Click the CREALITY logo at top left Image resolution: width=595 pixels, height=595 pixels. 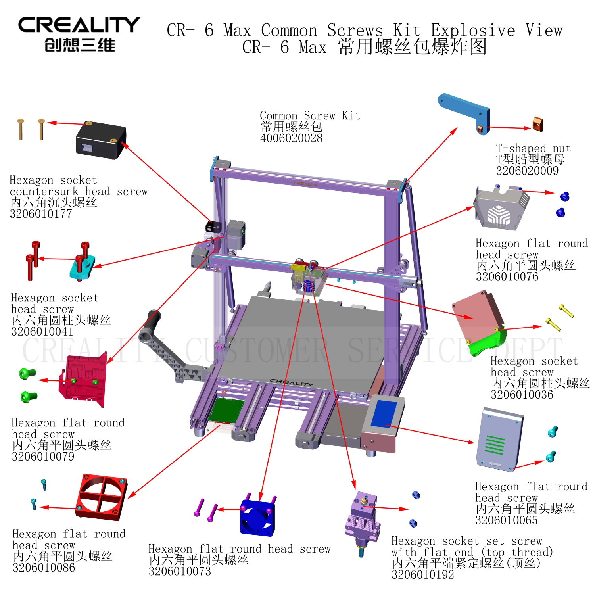pyautogui.click(x=79, y=34)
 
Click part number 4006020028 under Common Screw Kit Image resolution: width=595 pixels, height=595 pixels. pyautogui.click(x=291, y=138)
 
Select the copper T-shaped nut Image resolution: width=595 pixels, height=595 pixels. pyautogui.click(x=537, y=124)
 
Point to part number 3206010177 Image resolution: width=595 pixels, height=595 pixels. pyautogui.click(x=41, y=214)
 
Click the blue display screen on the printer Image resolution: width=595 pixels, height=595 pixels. pyautogui.click(x=384, y=414)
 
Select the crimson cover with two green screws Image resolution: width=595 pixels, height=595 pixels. pyautogui.click(x=84, y=380)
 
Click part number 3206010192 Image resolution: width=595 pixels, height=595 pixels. pyautogui.click(x=423, y=574)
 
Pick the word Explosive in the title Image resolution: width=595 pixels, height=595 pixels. pyautogui.click(x=473, y=31)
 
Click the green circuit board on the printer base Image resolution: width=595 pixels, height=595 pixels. pyautogui.click(x=226, y=411)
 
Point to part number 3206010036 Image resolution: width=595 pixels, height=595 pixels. pyautogui.click(x=522, y=395)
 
